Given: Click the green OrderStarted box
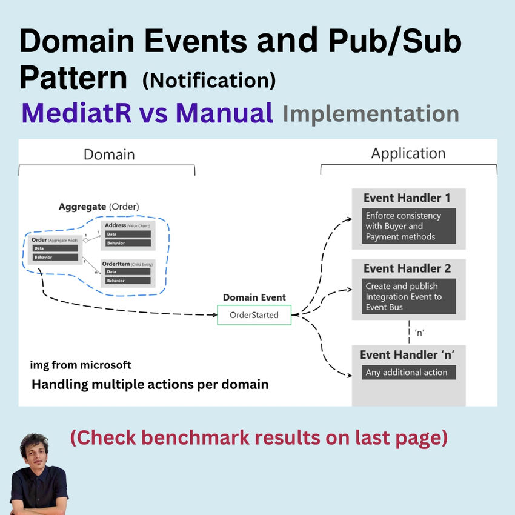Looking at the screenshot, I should (x=254, y=315).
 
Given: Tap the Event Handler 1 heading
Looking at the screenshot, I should (x=407, y=198).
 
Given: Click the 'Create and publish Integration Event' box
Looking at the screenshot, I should (x=409, y=297).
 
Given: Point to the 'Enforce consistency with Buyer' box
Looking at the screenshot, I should (x=409, y=226).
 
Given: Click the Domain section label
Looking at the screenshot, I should (x=109, y=154).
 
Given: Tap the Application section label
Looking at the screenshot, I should (x=408, y=154).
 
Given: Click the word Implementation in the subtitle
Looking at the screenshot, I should (x=370, y=113).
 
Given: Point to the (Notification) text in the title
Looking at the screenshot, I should (x=209, y=80).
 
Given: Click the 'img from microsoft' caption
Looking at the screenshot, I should (x=81, y=365).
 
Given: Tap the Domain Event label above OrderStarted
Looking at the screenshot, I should (x=254, y=297).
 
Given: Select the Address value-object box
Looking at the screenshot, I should (x=128, y=235).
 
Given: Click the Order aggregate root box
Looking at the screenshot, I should (x=55, y=249).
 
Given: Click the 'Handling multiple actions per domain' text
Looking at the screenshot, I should (x=150, y=384).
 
